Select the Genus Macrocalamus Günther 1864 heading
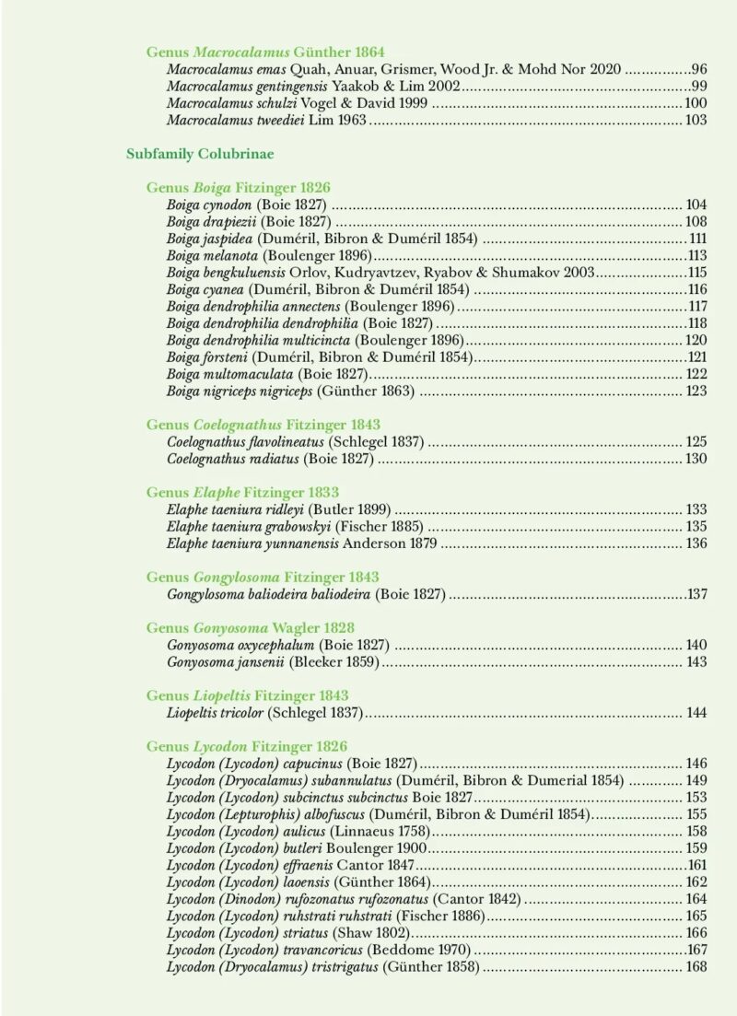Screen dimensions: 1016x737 click(x=265, y=53)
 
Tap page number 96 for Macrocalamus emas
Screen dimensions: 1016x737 click(x=698, y=69)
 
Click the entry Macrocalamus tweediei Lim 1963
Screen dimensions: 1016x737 click(x=267, y=120)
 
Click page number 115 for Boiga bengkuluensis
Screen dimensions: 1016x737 click(x=696, y=273)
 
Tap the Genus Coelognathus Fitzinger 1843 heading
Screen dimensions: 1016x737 click(x=263, y=425)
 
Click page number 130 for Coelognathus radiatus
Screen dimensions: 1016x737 click(x=696, y=459)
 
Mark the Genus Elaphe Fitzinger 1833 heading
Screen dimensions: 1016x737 click(x=242, y=493)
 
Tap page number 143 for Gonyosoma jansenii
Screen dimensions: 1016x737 click(x=696, y=662)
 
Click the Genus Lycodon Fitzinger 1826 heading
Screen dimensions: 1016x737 click(x=247, y=746)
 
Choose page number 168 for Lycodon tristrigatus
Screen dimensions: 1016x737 click(x=696, y=966)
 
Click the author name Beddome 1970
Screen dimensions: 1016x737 click(x=419, y=950)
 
